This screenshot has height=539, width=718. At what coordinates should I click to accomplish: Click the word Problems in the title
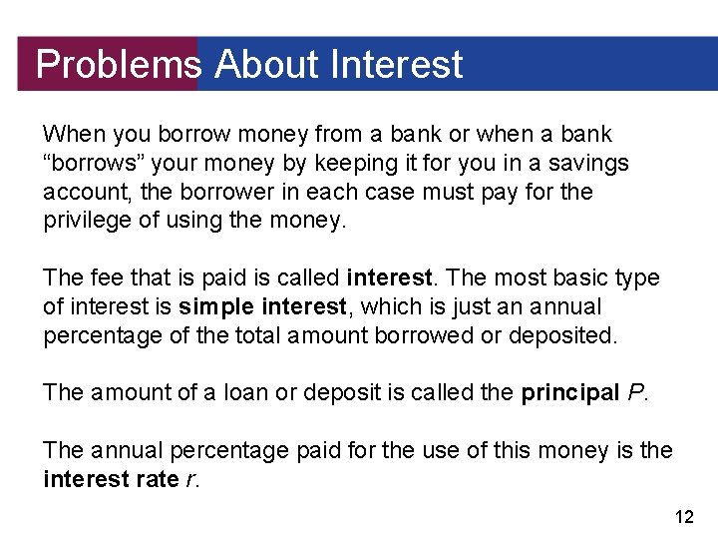point(118,65)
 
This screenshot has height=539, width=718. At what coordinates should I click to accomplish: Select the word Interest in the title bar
point(396,65)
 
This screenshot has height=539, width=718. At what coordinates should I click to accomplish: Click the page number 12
point(684,516)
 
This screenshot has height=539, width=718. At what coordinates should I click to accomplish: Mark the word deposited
point(562,335)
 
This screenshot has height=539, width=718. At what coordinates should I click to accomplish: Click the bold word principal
point(569,392)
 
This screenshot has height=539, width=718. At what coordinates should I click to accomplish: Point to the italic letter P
point(636,392)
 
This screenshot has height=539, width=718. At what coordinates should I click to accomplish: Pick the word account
point(80,192)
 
